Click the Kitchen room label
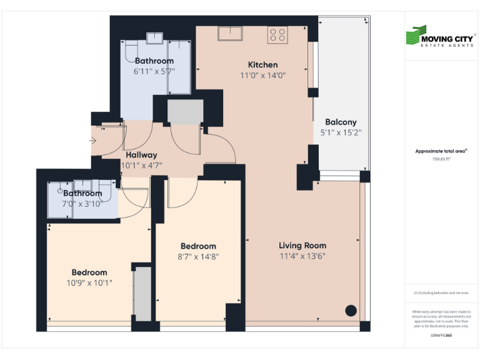[262, 64]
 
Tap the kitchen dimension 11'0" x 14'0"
[262, 76]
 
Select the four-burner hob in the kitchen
[277, 35]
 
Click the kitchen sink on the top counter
[230, 32]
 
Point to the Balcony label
[341, 122]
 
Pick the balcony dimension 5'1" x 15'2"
[341, 132]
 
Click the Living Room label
[302, 245]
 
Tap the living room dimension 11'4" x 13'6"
[302, 256]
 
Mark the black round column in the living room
[351, 309]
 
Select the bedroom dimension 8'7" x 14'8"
[198, 256]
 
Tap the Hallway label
[141, 155]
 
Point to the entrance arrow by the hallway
[93, 141]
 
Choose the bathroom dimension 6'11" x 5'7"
[154, 71]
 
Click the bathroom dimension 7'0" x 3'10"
[82, 204]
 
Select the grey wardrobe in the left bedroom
[143, 294]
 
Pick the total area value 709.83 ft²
[441, 159]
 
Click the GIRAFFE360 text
[441, 336]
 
